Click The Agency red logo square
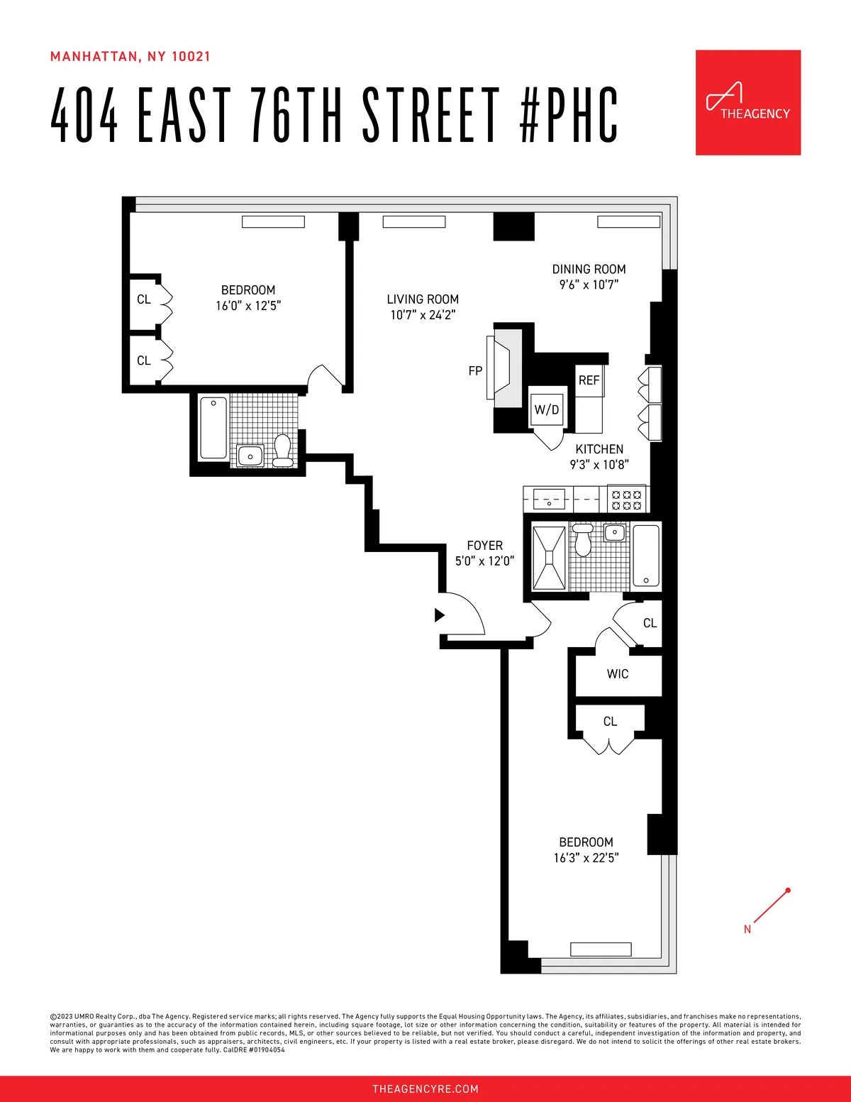pos(747,102)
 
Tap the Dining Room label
pos(589,270)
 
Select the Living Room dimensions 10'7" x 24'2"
pos(423,315)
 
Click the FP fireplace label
pos(475,371)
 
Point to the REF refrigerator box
pos(589,381)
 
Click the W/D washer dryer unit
pos(547,409)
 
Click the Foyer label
pos(485,546)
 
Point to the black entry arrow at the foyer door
pos(439,615)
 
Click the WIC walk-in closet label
pos(618,674)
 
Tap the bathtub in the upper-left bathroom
pos(213,428)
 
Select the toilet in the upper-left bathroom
pos(282,450)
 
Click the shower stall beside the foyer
pos(548,558)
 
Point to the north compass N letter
pos(747,929)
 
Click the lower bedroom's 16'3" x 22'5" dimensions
pos(586,858)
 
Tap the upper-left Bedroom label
pos(248,290)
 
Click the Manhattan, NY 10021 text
pos(130,57)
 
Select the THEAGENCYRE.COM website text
pos(425,1089)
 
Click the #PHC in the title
pos(569,115)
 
